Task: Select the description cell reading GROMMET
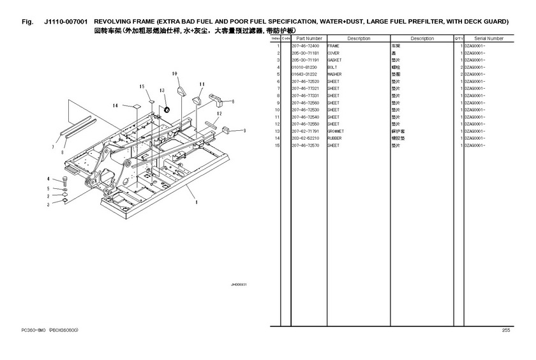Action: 336,131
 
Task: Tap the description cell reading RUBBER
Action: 334,138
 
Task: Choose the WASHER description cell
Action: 334,74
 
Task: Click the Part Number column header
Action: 309,38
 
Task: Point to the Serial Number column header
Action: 489,38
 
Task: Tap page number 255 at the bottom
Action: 506,330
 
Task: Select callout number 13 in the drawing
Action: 163,91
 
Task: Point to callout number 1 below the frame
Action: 196,203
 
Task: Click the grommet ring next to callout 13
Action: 168,110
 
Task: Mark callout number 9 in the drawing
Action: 244,130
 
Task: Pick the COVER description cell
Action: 334,53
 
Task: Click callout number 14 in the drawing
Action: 115,105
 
